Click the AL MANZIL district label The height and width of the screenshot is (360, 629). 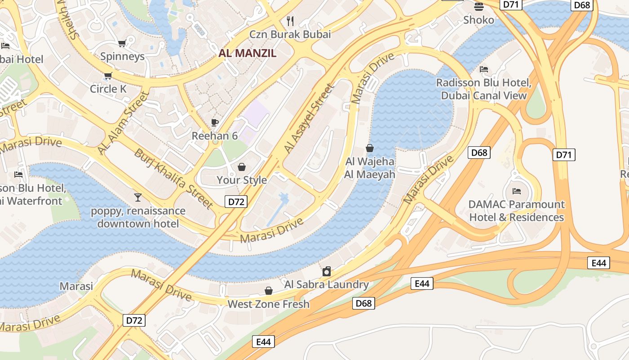(248, 54)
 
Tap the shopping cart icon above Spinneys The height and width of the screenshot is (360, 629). (121, 43)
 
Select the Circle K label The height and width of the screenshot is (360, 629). (108, 89)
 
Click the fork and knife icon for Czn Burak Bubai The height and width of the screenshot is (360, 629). (290, 21)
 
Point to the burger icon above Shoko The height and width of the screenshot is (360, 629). (478, 6)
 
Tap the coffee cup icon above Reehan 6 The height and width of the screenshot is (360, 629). (215, 122)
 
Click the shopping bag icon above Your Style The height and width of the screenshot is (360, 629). (242, 167)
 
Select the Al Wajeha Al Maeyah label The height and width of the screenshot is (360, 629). (370, 168)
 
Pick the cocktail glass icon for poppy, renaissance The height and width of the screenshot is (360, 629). (137, 197)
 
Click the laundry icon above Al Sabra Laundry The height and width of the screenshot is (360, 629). (327, 271)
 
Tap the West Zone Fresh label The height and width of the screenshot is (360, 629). (269, 304)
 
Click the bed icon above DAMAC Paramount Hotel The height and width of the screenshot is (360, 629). (517, 191)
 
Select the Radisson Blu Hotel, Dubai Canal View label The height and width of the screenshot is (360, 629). (484, 89)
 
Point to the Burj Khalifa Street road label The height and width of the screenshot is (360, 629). (173, 179)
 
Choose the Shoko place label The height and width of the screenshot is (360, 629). (478, 20)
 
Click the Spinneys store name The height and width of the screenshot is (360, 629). (123, 56)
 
